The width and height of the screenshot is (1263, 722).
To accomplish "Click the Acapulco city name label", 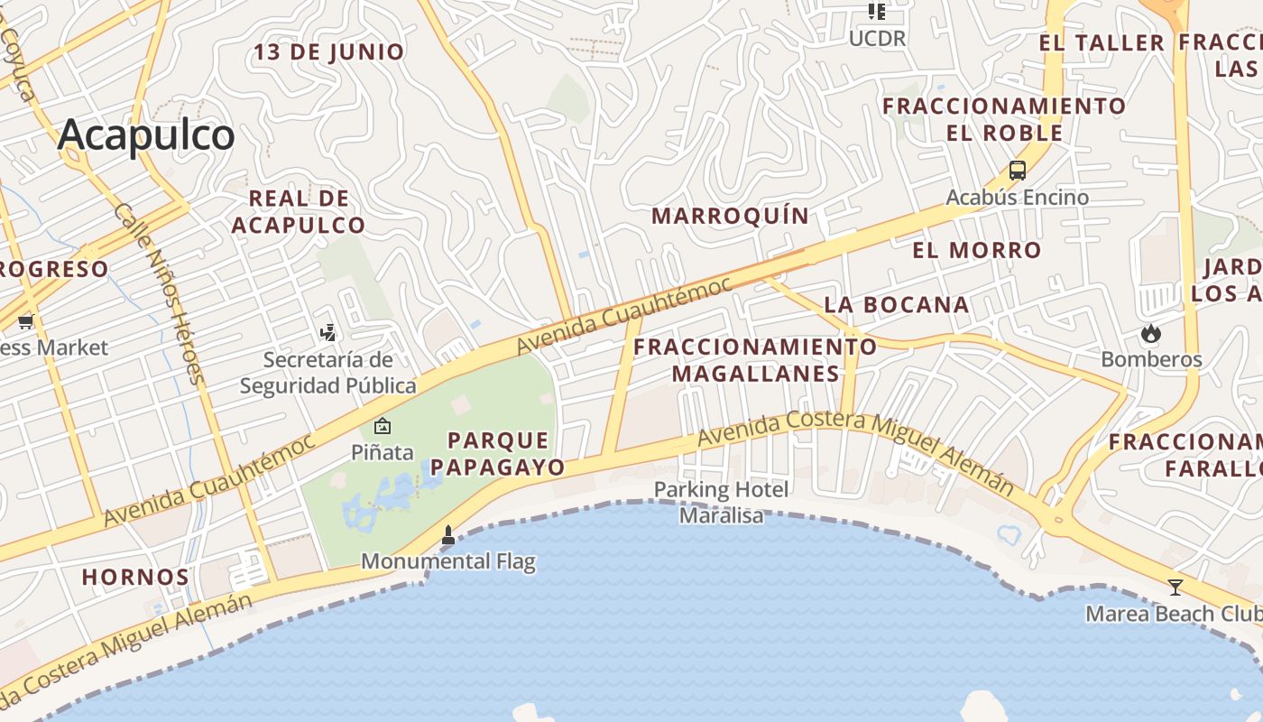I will coord(146,135).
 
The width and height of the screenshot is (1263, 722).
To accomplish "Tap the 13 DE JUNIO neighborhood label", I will coord(328,52).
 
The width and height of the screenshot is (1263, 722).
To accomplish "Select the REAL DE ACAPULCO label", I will coord(299,212).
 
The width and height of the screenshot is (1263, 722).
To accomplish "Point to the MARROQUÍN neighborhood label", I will coord(731,216).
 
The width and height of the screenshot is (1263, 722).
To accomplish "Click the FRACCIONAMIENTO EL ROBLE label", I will coord(1004,119).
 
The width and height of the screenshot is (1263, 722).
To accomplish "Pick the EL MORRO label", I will coord(977,250).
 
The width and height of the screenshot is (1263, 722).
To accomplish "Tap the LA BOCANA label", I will coord(897,304).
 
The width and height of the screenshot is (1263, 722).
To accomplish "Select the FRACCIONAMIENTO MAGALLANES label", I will coord(755,360).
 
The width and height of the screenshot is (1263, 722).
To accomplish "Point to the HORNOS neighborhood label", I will coord(135,577).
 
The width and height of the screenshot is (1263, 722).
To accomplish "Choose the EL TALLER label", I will coord(1102,42).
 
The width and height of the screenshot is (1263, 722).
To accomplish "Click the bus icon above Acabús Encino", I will coord(1018,171).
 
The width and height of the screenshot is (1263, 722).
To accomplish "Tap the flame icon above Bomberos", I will coord(1150,333).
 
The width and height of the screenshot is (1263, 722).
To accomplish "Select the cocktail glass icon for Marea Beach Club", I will coord(1175,588).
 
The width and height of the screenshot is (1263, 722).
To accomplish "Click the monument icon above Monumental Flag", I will coord(448,535).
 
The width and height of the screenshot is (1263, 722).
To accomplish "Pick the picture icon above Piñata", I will coord(383,426).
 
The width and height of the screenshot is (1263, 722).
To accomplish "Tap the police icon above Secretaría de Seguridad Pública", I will coord(328,333).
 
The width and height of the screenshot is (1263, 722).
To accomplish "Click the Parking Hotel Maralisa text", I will coord(721,503).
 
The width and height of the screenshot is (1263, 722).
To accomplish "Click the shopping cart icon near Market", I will coord(25,321).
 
